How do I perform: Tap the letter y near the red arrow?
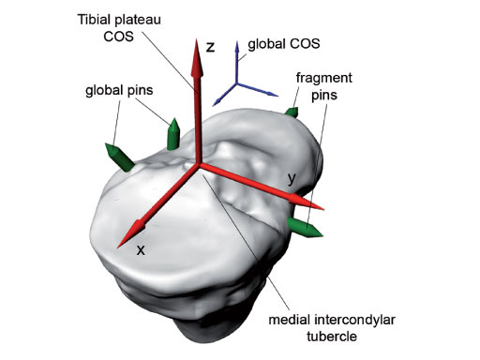(293, 176)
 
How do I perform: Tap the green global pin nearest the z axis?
(173, 134)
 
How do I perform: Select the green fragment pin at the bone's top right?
(291, 112)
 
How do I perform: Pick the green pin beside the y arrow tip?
(307, 228)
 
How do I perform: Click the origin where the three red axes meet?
(197, 166)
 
